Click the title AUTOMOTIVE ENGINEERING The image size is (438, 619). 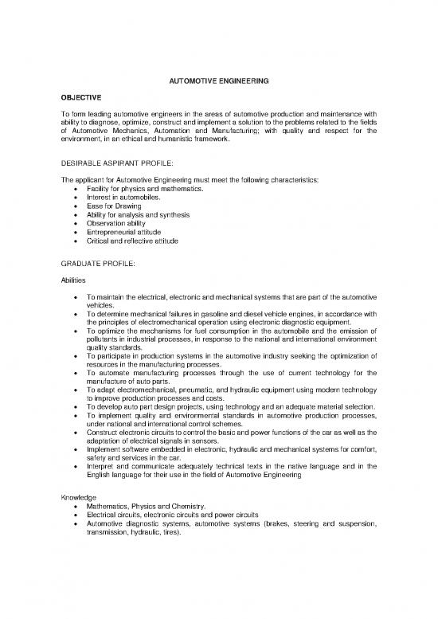coord(218,81)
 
